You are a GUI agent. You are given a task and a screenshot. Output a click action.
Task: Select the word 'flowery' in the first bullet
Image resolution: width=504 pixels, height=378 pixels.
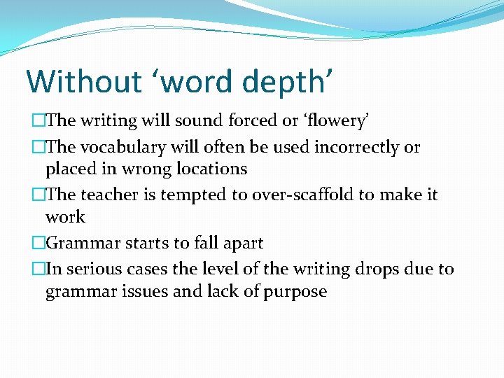point(335,121)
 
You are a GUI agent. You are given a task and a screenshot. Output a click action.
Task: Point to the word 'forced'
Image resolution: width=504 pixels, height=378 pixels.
point(249,120)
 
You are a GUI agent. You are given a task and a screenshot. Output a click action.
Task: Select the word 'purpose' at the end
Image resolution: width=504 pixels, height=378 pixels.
point(295,291)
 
